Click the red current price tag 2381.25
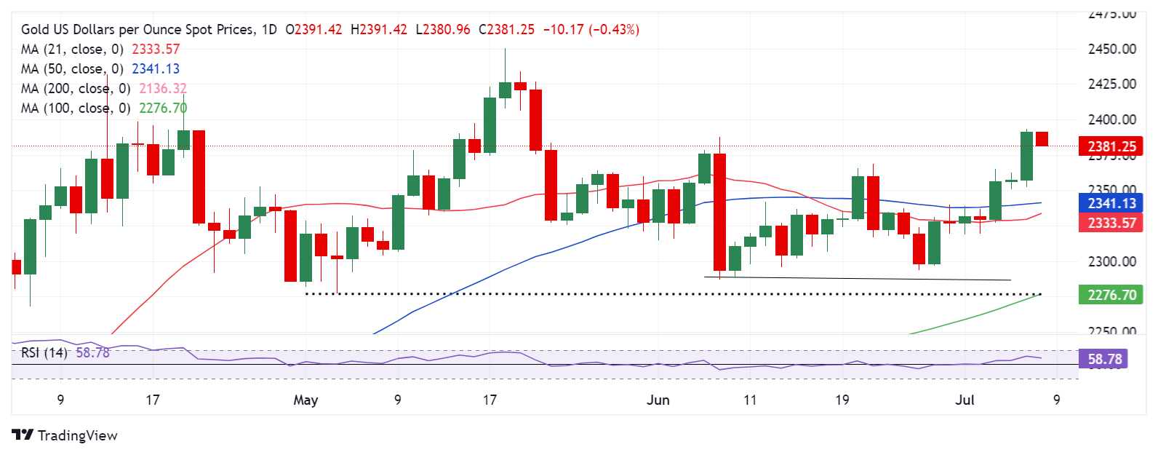[1111, 146]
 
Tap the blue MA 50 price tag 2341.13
[1111, 204]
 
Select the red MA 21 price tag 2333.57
[1111, 223]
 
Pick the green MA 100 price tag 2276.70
[1111, 295]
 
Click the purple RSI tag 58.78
[1104, 359]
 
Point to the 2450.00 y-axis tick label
[1111, 49]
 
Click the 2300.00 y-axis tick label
[1111, 261]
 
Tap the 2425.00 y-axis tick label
[1111, 84]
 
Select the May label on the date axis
[306, 400]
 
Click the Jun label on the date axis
[658, 400]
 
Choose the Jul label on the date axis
[965, 400]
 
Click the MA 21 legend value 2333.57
[156, 49]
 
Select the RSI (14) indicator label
[44, 352]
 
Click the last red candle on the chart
[1042, 138]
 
